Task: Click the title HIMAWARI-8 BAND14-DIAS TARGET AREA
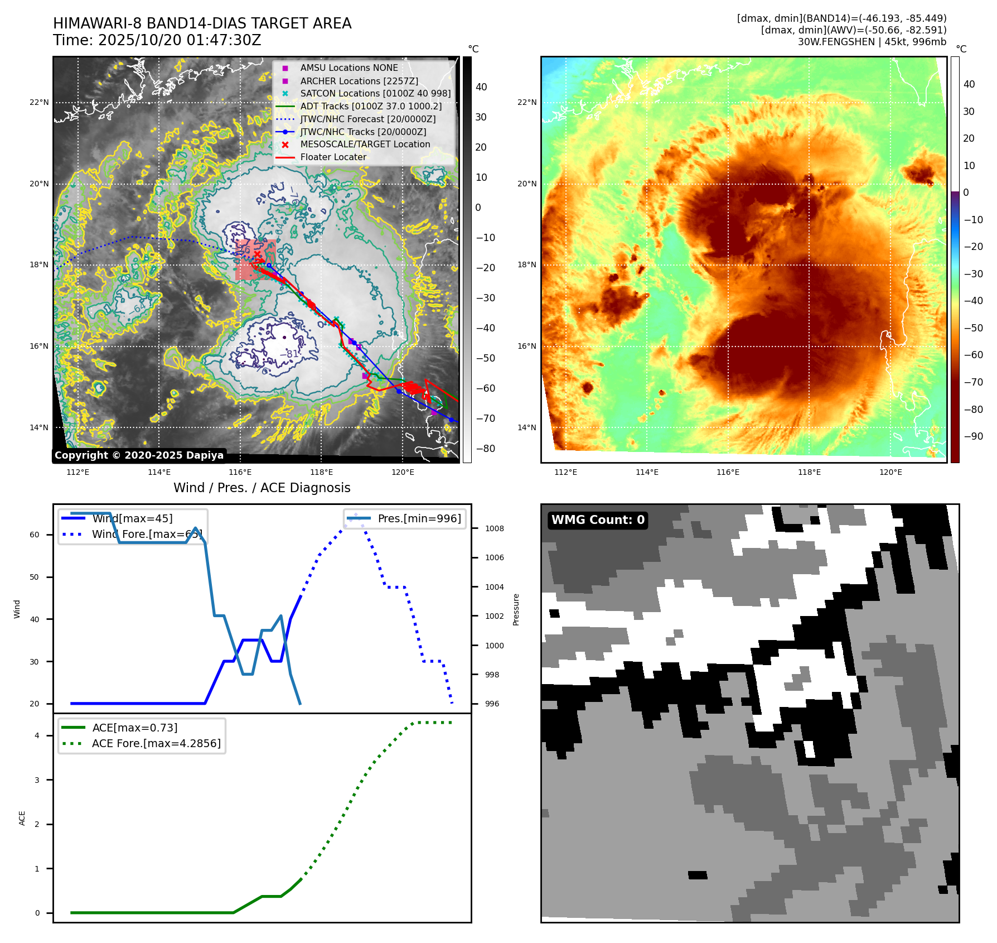click(202, 23)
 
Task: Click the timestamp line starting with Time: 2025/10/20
click(157, 40)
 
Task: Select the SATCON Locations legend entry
click(375, 94)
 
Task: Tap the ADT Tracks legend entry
click(371, 106)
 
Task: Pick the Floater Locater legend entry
click(333, 157)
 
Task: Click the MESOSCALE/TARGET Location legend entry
click(365, 145)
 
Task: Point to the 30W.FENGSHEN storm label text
click(872, 42)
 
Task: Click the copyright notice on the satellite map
click(139, 455)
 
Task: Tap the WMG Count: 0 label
click(598, 520)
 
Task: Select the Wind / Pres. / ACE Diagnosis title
click(262, 488)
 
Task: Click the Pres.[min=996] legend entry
click(419, 519)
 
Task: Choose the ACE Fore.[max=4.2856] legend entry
click(156, 744)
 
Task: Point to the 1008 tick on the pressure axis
click(494, 528)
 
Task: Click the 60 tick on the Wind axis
click(35, 535)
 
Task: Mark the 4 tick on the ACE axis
click(37, 735)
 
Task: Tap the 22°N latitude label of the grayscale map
click(39, 103)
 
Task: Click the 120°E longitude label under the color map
click(890, 473)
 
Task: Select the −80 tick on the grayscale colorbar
click(485, 449)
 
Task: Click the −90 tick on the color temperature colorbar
click(973, 436)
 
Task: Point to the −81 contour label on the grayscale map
click(289, 354)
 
